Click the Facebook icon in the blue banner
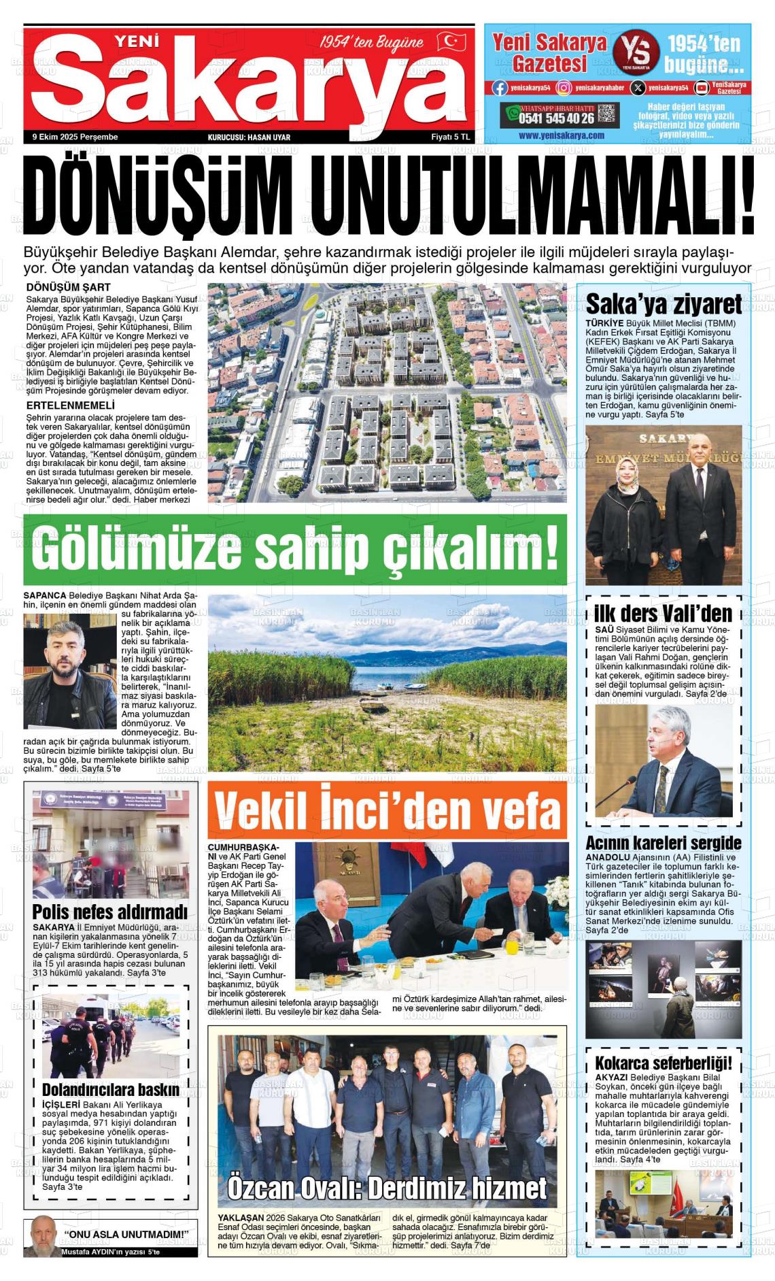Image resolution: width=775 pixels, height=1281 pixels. coord(500,88)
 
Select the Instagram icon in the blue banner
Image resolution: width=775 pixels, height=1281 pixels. coord(564,88)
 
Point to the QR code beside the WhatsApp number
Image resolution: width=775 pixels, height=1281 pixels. coord(608,114)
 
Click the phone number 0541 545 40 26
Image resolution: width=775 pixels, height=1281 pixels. coord(557,118)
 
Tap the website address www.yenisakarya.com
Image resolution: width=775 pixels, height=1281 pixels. coord(561,135)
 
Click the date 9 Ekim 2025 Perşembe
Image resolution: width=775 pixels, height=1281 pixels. coord(75,137)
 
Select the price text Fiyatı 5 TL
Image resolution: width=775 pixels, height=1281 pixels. coord(451,137)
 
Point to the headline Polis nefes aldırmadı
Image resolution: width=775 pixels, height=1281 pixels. coord(109,912)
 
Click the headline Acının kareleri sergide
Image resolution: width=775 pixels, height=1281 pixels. coord(663,844)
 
